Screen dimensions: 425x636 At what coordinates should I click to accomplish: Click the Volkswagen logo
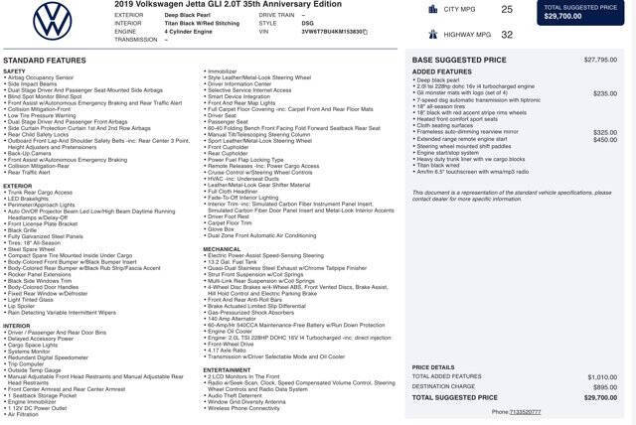[53, 21]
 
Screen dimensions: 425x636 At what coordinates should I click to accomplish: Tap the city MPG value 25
[507, 9]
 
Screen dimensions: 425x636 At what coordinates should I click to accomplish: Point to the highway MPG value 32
[507, 34]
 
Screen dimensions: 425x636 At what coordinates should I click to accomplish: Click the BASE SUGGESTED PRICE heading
[459, 60]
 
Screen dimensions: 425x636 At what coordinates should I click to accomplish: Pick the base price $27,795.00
[600, 60]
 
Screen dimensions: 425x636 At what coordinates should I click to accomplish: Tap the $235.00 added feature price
[604, 93]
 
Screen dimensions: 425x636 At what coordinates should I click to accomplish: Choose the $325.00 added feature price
[604, 132]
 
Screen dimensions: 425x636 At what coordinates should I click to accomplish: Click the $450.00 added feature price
[604, 140]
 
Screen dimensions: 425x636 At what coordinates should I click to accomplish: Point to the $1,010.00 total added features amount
[601, 376]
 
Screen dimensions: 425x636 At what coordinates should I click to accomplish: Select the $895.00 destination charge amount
[603, 386]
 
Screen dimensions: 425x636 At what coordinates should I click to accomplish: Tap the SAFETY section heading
[14, 71]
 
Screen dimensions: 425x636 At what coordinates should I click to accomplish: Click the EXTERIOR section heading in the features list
[18, 186]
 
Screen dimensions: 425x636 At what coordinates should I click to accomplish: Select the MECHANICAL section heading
[223, 249]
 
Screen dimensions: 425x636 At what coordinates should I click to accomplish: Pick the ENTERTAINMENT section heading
[228, 369]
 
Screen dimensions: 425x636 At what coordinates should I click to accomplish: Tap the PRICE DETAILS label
[433, 366]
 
